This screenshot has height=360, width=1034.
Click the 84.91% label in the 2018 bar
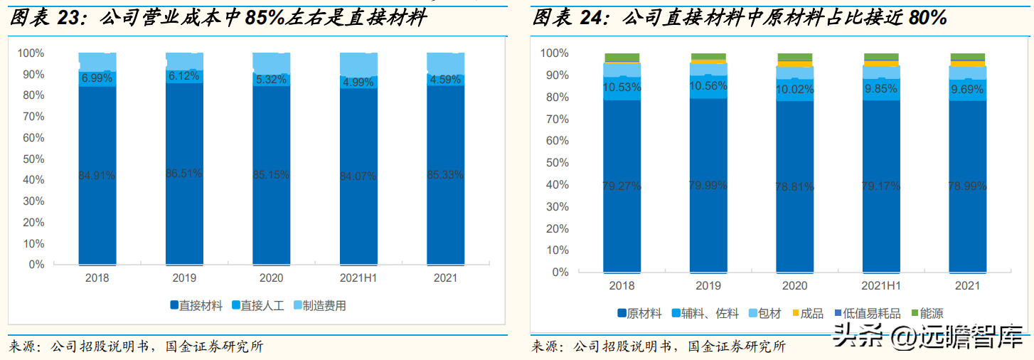click(x=97, y=176)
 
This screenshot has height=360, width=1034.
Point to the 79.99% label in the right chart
click(x=708, y=186)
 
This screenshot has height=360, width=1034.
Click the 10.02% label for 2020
click(x=794, y=90)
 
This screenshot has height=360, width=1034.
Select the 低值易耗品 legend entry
click(x=870, y=313)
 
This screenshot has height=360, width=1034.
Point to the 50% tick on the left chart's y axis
click(x=32, y=159)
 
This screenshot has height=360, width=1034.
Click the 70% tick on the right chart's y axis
click(x=555, y=119)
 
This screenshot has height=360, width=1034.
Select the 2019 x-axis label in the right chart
click(x=708, y=286)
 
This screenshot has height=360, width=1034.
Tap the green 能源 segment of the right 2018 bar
click(x=622, y=58)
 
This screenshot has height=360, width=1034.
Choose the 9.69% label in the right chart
click(x=967, y=90)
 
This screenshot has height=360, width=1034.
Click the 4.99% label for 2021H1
click(x=358, y=83)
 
